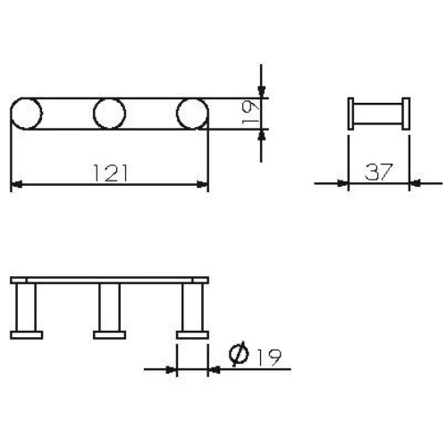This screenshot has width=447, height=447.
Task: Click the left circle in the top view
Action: point(26,114)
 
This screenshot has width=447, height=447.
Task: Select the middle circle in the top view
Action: point(109,114)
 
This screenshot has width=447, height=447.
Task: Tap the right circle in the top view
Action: point(191,114)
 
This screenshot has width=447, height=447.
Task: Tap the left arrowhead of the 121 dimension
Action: point(15,185)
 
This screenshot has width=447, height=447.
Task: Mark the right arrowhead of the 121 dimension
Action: point(203,185)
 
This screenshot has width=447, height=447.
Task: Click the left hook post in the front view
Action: point(26,308)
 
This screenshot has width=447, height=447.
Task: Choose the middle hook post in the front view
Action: point(109,308)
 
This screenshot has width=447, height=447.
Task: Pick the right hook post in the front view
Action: point(191,308)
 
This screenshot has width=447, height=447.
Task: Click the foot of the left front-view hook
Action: point(26,335)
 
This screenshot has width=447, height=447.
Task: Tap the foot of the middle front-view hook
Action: point(109,335)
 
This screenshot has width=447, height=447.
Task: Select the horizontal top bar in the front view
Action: point(109,281)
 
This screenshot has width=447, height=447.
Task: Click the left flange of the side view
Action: point(350,114)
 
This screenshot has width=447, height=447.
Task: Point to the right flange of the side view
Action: point(407,114)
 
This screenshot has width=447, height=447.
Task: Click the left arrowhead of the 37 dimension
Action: point(342,183)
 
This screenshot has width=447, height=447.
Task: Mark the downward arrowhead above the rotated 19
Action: point(260,90)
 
